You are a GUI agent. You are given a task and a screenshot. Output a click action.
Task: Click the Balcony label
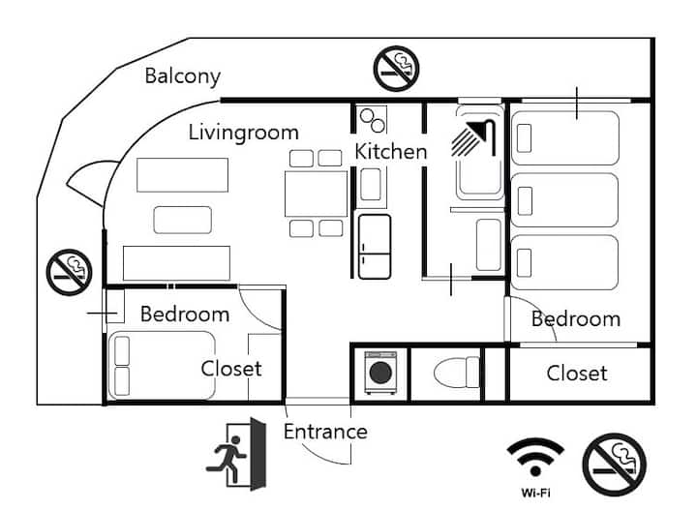click(x=183, y=76)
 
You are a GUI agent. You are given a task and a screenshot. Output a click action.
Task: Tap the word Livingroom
click(x=244, y=133)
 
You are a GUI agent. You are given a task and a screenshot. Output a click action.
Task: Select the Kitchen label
click(x=391, y=152)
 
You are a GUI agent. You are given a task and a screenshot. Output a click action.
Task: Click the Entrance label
click(x=325, y=432)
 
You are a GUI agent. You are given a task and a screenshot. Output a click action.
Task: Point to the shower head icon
click(x=473, y=137)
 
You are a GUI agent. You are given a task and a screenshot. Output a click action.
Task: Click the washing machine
click(x=380, y=373)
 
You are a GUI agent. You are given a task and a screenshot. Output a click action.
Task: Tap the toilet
click(x=457, y=373)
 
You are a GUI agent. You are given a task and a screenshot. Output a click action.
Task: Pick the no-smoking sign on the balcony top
click(x=397, y=69)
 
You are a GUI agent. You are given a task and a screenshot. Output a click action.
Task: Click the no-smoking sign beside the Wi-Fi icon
click(x=615, y=465)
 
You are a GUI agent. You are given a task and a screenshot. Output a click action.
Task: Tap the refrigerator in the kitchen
click(x=375, y=247)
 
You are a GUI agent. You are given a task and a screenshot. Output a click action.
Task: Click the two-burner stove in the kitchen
click(x=372, y=120)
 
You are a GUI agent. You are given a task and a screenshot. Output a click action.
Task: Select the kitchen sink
click(x=371, y=185)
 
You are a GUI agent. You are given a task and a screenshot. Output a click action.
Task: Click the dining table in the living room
click(x=316, y=194)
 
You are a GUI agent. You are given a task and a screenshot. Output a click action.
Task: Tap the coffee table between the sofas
click(x=183, y=220)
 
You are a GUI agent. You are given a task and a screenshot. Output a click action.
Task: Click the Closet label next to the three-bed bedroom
click(x=577, y=374)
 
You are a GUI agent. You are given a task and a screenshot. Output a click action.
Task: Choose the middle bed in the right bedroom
click(x=564, y=200)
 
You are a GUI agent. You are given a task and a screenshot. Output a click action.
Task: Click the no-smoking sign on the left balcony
click(x=69, y=272)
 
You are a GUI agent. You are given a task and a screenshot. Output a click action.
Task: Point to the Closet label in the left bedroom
click(x=231, y=369)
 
